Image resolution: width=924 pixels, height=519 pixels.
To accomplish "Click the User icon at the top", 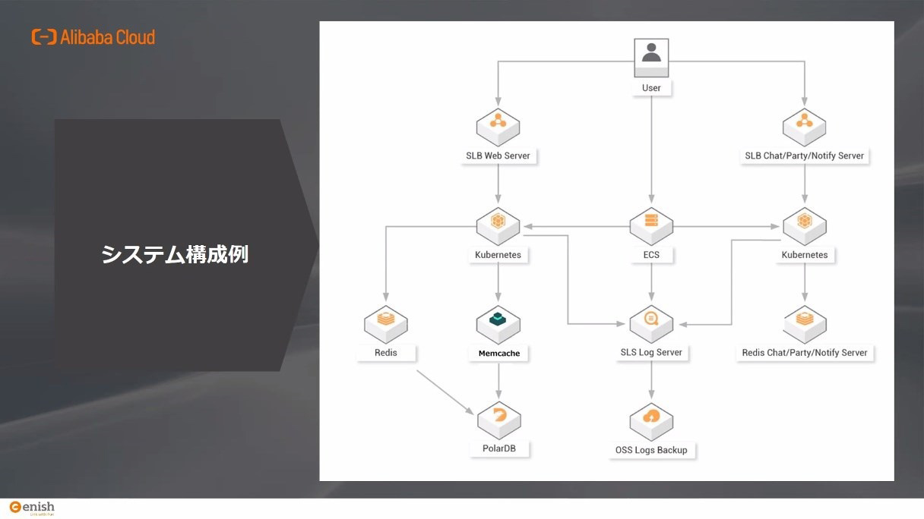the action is point(651,58).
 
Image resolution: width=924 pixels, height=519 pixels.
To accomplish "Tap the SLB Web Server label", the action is point(498,156).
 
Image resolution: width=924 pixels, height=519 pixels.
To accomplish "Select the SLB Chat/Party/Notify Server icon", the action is point(805,127).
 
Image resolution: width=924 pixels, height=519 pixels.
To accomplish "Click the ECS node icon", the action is point(651,226).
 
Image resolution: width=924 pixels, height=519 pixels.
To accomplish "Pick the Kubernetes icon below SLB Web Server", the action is point(498,226).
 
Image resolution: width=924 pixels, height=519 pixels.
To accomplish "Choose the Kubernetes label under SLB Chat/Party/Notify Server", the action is point(805,255).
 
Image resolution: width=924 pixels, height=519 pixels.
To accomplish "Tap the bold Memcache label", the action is point(499,354).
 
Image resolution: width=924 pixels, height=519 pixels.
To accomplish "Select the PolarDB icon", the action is point(499,420).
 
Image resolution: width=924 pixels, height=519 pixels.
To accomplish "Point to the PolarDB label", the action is point(499,448).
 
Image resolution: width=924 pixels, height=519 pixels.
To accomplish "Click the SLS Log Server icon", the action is point(651,324).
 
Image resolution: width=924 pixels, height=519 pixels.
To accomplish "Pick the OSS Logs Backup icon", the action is point(651,422).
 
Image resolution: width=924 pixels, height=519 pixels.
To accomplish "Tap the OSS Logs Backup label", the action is point(651,450).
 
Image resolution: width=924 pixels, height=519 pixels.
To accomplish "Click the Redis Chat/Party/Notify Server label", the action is point(805,353).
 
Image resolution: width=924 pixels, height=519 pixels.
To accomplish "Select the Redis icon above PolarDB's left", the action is point(386,325).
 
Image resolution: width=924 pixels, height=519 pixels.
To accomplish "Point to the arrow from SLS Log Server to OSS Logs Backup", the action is point(651,381).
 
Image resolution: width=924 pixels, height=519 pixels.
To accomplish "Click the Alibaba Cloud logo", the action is point(93,37).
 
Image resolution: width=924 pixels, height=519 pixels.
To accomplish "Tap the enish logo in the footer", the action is point(32,508).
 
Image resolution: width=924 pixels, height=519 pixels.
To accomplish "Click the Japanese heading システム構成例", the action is point(175,254).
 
